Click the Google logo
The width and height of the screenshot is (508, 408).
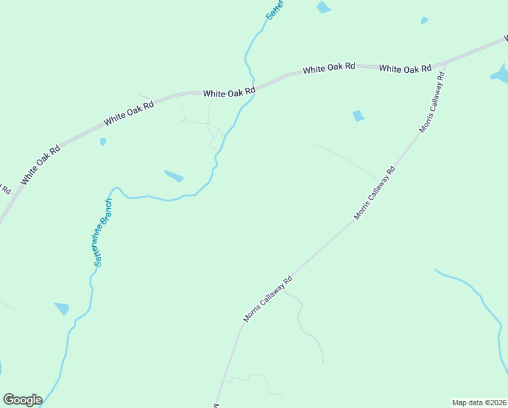[22, 400]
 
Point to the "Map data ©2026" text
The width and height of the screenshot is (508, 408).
[479, 402]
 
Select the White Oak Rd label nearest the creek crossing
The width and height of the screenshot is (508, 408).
[229, 90]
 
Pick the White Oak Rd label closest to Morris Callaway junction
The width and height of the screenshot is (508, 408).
[405, 69]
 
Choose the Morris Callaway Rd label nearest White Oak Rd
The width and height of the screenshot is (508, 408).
[431, 103]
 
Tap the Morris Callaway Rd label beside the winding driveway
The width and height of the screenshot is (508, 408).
[268, 299]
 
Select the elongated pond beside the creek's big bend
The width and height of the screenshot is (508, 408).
[174, 176]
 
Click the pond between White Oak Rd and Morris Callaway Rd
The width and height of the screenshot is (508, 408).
[358, 116]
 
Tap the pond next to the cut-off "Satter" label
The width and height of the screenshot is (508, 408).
[323, 7]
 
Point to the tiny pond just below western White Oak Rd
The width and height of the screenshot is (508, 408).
[103, 141]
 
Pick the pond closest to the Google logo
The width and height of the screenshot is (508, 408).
[62, 309]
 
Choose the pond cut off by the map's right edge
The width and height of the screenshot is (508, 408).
[501, 73]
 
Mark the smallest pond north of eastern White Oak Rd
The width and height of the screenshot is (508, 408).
[424, 20]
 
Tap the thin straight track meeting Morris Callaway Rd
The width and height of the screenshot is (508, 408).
[346, 160]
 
